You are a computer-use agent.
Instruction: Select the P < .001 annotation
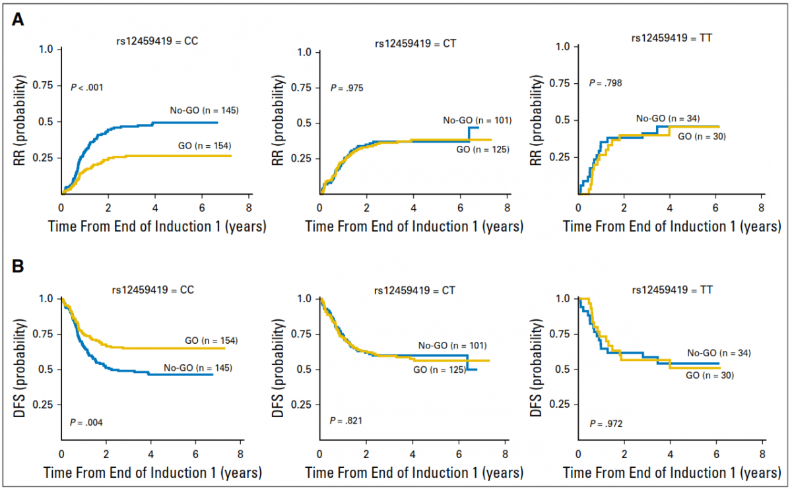(x=87, y=86)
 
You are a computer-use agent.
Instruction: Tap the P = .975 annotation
(x=347, y=88)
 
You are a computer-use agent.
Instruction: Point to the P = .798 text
(x=605, y=84)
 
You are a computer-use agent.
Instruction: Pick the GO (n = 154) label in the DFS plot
(x=211, y=340)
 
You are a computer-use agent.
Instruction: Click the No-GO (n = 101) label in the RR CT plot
(x=477, y=120)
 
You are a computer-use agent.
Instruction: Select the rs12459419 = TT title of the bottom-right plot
(x=670, y=290)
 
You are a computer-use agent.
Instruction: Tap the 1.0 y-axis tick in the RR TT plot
(x=562, y=48)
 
